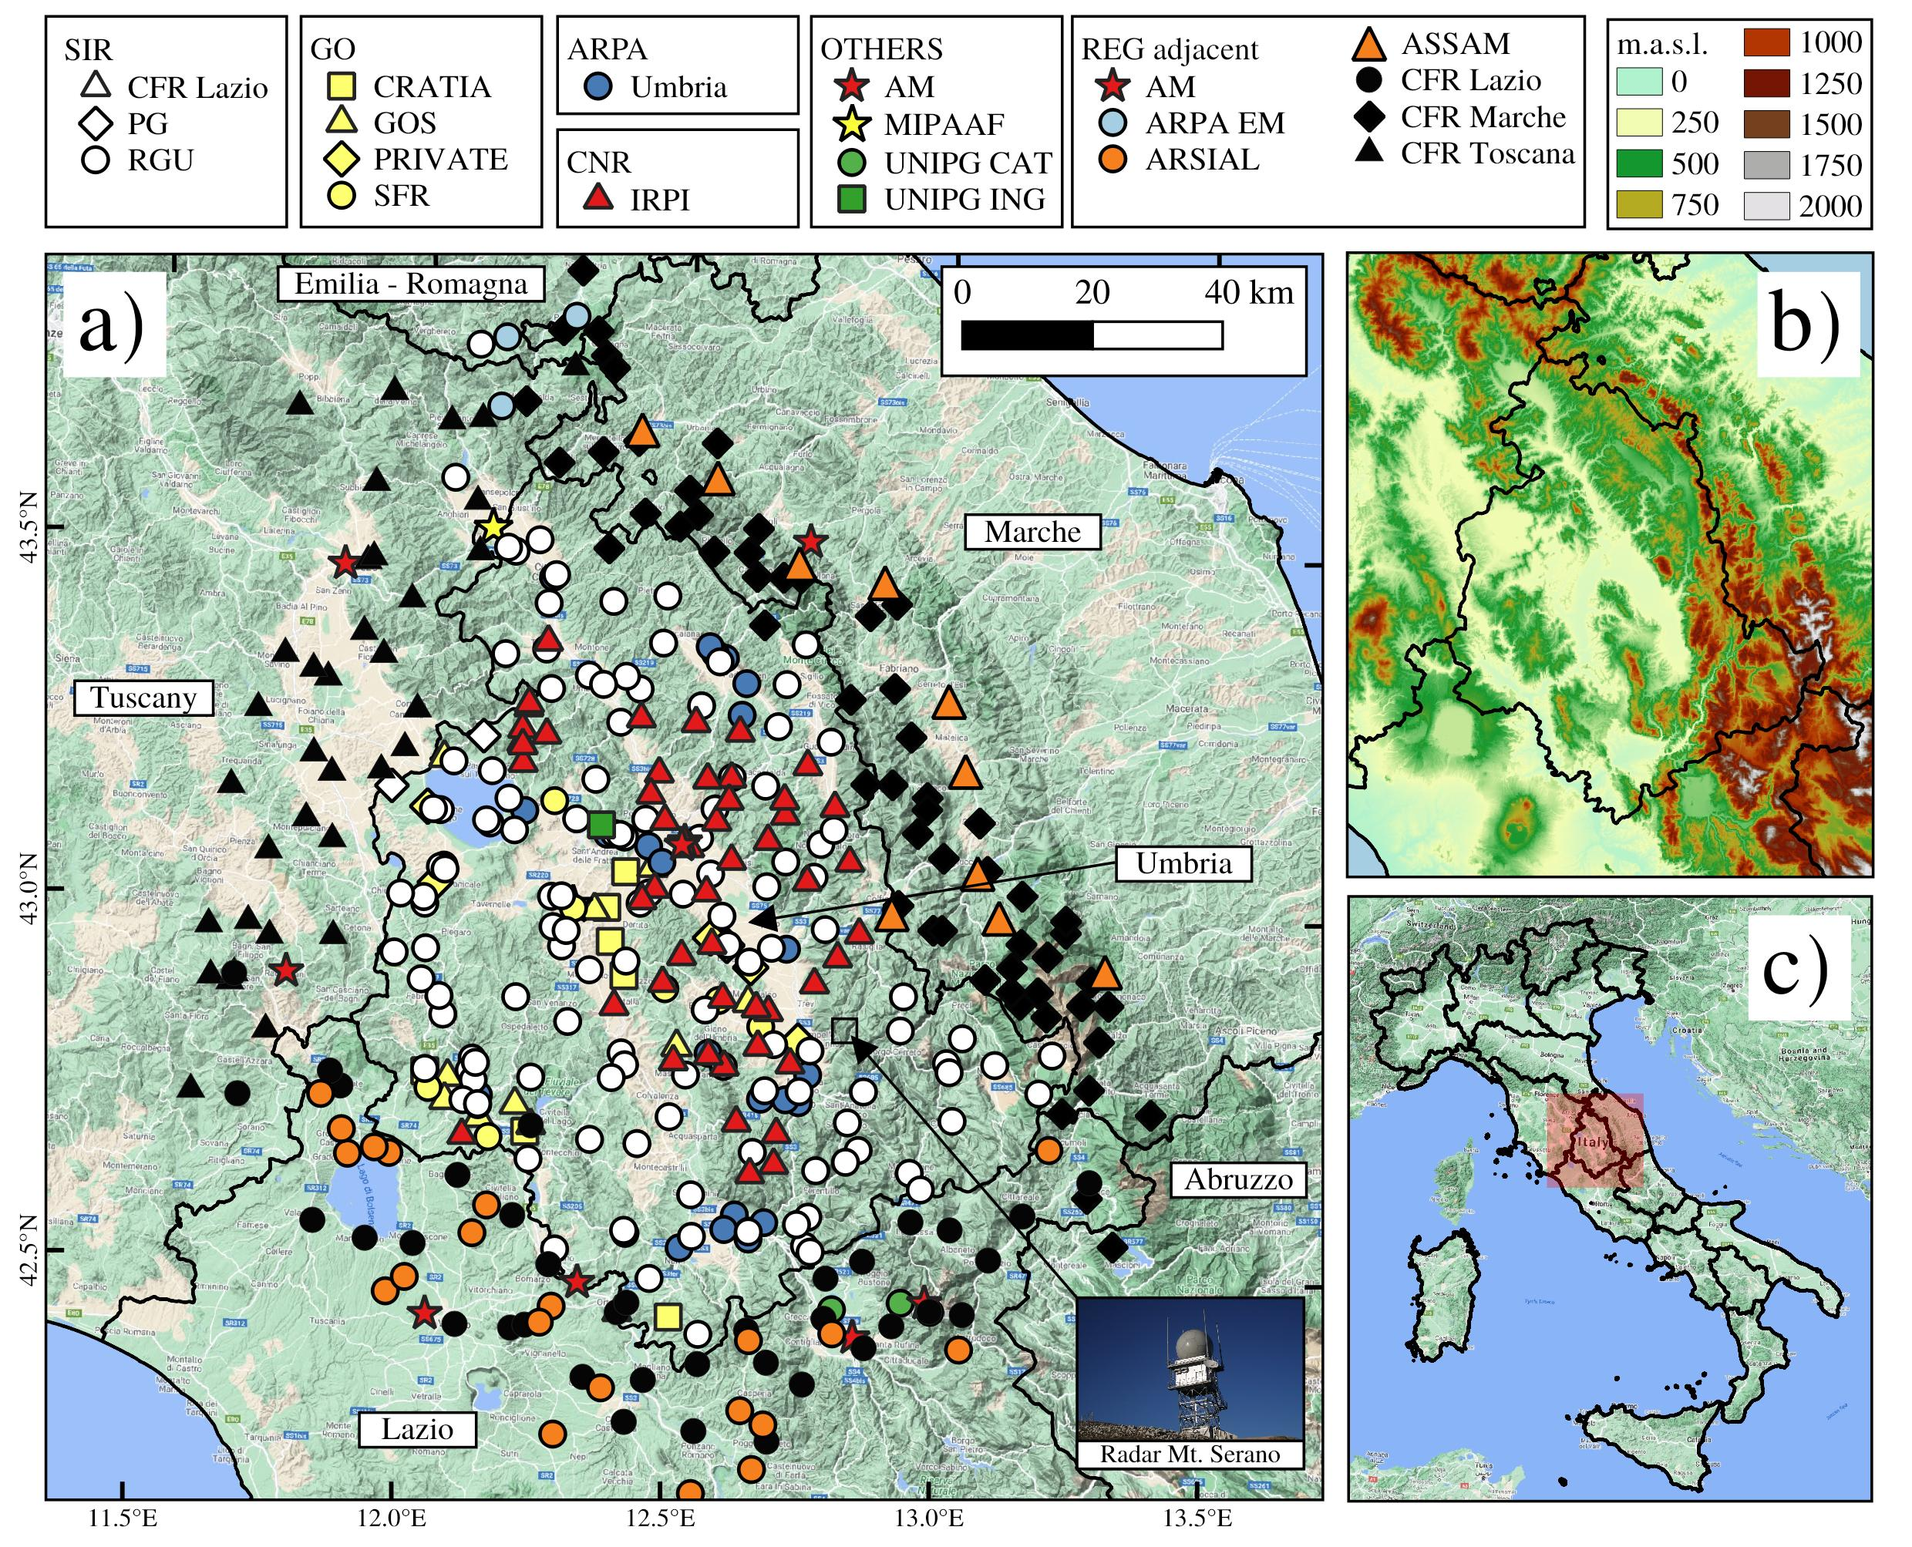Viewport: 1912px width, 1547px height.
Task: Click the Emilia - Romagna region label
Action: point(410,284)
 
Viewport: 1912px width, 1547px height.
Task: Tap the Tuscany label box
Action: point(143,698)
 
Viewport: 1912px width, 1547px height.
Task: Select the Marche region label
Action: point(1032,532)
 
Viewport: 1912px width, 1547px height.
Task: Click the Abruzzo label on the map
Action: point(1238,1180)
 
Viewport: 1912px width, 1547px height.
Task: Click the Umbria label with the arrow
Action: point(1183,863)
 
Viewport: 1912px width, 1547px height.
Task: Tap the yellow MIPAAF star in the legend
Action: point(854,125)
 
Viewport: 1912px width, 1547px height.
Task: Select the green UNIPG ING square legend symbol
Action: point(853,199)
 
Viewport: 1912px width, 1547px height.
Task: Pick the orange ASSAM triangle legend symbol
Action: point(1369,45)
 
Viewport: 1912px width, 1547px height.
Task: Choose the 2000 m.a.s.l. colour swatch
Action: point(1766,206)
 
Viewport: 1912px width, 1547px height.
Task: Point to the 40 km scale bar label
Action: point(1248,292)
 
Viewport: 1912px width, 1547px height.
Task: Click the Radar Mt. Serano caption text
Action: point(1189,1455)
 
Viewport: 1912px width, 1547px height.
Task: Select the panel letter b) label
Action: point(1806,323)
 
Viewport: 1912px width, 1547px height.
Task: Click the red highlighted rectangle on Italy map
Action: point(1594,1140)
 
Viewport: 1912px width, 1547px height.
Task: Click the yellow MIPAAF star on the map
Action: point(493,526)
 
